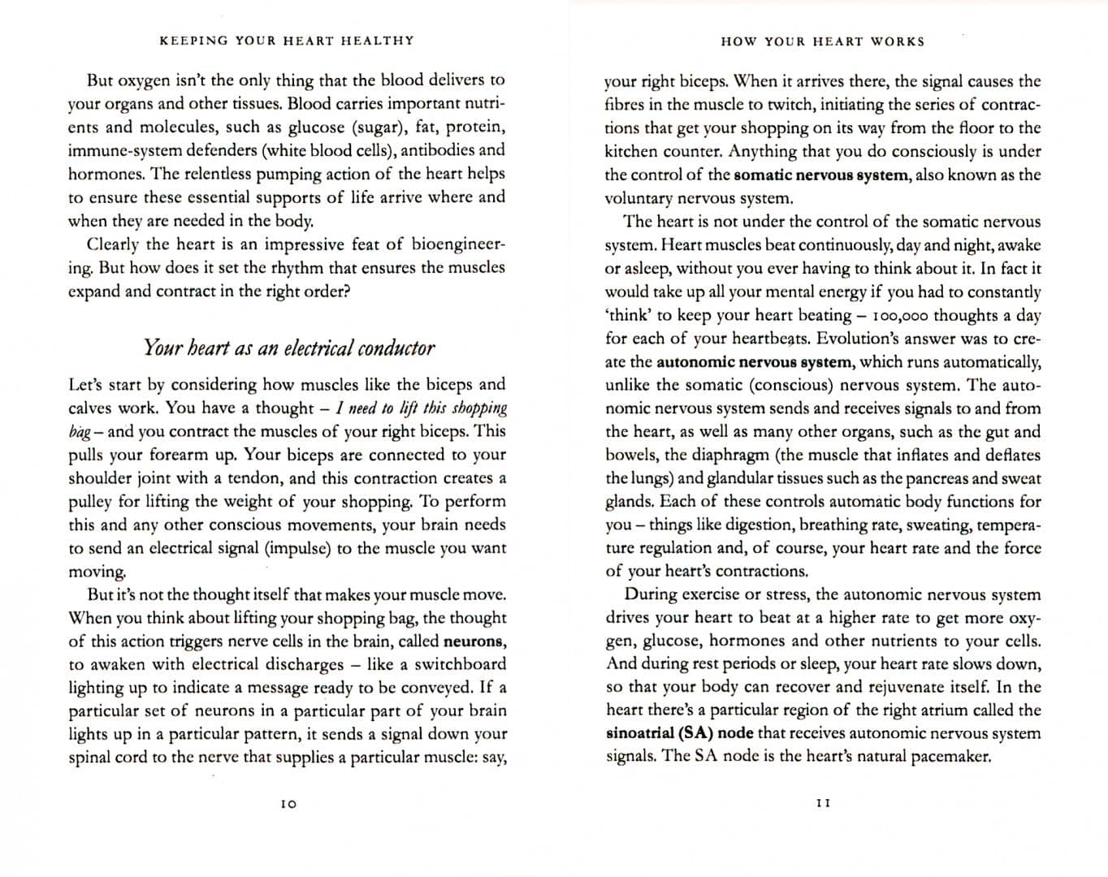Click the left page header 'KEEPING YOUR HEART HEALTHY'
[287, 41]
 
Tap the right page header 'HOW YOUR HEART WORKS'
[822, 41]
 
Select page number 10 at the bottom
[288, 804]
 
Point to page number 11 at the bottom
[823, 803]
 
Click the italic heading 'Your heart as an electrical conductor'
[288, 348]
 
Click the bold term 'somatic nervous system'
[820, 175]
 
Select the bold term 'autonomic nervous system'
[755, 362]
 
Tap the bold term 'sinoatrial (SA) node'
[679, 733]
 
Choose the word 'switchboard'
[460, 664]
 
